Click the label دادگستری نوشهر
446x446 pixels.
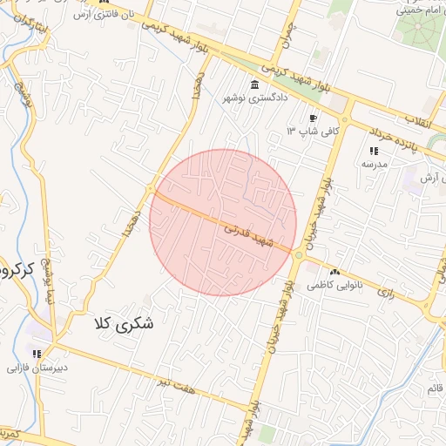point(254,98)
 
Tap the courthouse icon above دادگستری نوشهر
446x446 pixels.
point(254,84)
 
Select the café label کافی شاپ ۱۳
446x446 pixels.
point(305,132)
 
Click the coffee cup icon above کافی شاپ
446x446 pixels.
point(314,118)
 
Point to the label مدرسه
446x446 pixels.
point(374,164)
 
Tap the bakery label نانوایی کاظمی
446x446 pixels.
point(334,286)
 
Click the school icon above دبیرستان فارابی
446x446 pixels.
point(37,354)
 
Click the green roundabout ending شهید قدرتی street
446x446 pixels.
point(299,255)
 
